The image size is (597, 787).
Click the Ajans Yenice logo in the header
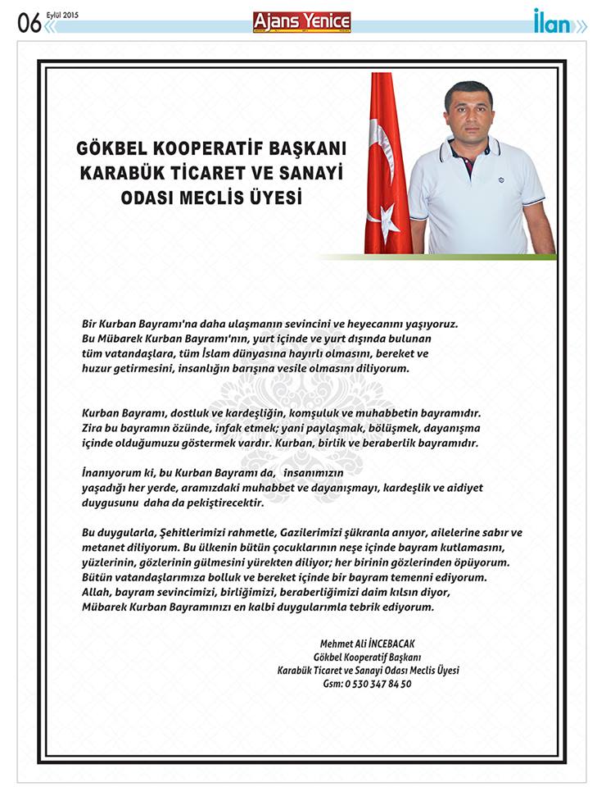click(x=301, y=22)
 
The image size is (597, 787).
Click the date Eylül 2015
click(x=61, y=14)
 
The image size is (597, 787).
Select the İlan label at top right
click(x=552, y=22)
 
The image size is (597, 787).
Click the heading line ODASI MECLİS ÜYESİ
click(x=212, y=198)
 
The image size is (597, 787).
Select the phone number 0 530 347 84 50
click(x=378, y=683)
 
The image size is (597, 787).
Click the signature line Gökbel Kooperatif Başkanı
click(x=368, y=657)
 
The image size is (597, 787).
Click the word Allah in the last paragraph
click(x=96, y=592)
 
